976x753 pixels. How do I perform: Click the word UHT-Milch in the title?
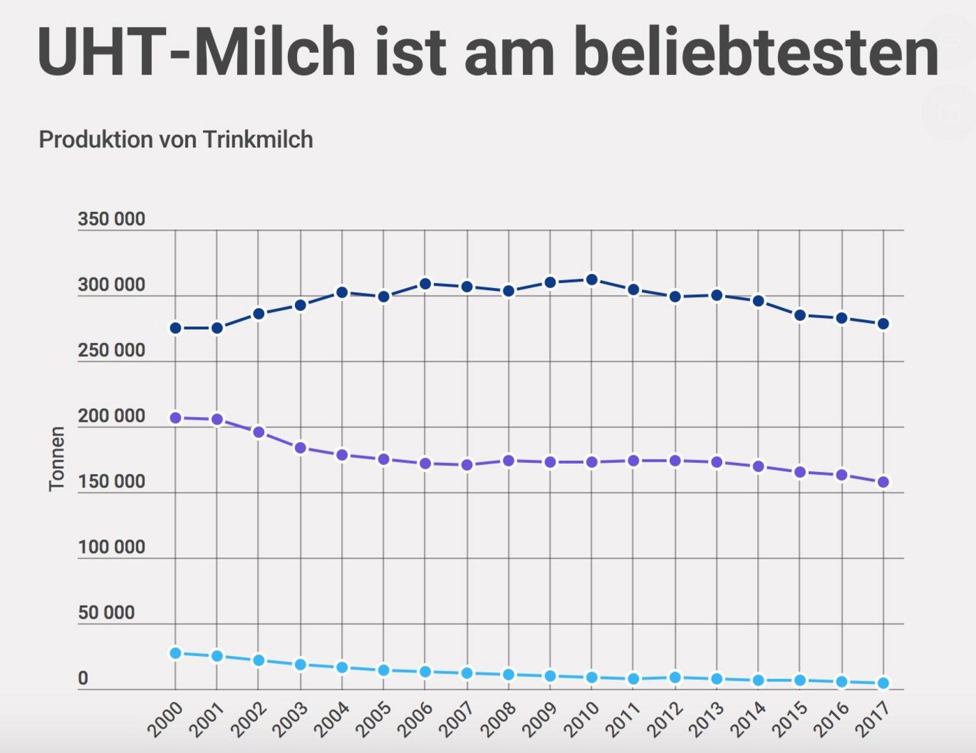196,53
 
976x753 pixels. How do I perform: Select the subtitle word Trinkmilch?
258,139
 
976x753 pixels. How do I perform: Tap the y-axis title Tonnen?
57,459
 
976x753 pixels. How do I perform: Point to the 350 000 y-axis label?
112,219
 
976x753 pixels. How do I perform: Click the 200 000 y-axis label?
112,416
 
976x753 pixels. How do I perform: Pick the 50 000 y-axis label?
106,613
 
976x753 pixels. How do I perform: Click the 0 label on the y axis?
83,678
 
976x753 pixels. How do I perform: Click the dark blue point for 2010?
592,280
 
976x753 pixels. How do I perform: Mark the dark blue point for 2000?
176,328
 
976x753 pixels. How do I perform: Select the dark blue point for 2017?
883,324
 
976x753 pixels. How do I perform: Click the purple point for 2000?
176,418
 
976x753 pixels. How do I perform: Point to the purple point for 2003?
300,448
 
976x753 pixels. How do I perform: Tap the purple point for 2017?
883,482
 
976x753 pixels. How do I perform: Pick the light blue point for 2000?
176,653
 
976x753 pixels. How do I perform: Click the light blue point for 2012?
675,677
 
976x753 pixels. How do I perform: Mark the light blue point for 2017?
883,683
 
